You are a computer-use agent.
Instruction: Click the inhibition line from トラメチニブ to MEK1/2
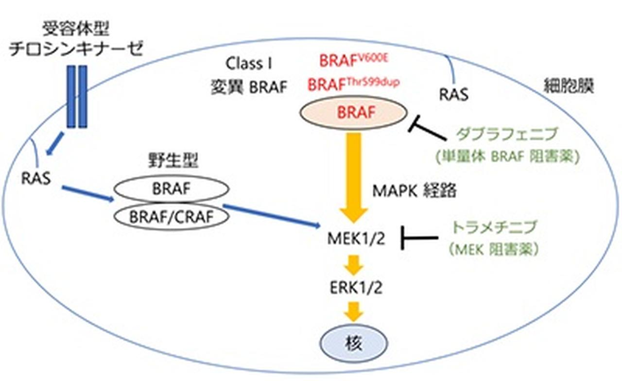click(x=420, y=238)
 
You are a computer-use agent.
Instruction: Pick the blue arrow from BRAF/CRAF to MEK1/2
click(x=272, y=216)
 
